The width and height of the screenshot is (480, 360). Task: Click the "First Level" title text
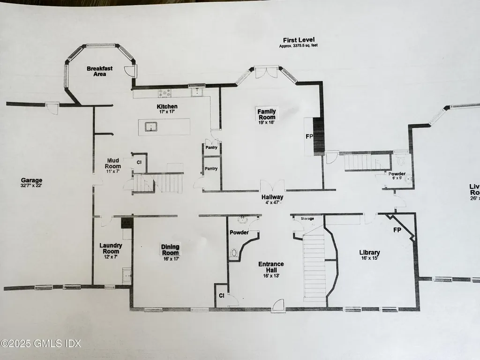coord(298,40)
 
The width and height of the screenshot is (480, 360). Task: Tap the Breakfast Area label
coord(99,71)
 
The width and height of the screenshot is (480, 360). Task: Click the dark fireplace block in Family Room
coord(319,136)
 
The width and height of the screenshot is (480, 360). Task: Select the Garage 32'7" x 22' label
coord(31,182)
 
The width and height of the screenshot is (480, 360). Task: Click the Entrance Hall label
coord(271,267)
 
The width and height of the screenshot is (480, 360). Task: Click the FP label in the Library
coord(397,230)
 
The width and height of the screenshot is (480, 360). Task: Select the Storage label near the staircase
coord(307,218)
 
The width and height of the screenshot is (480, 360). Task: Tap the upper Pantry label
coord(210,148)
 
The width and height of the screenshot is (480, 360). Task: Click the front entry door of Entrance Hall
coord(279,305)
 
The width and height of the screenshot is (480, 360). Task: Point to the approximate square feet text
coord(298,46)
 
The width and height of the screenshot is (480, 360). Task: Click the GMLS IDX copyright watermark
coord(41,344)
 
